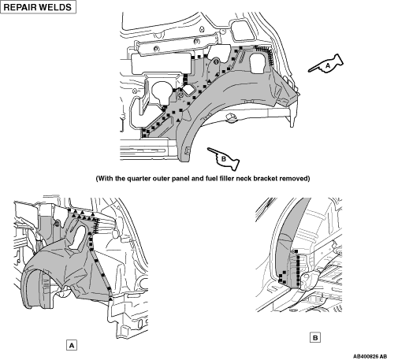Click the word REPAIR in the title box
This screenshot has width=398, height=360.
pos(20,7)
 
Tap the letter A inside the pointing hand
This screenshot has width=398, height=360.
pos(328,65)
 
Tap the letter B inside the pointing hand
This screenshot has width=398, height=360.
pos(224,158)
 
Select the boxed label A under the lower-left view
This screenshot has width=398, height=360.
pos(72,346)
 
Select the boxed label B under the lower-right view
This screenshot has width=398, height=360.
pos(315,338)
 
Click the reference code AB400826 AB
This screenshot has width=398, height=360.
pos(370,356)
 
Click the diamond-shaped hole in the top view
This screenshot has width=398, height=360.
pos(189,90)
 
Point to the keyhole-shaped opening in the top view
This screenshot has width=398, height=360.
pos(162,93)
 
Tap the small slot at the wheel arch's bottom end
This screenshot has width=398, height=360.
pos(187,150)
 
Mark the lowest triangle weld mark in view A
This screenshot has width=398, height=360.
pos(110,299)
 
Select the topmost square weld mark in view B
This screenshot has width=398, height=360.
pos(296,251)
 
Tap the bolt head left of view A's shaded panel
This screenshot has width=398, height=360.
pos(56,224)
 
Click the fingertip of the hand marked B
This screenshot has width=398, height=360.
pos(208,149)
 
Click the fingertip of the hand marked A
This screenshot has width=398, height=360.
pos(309,71)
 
